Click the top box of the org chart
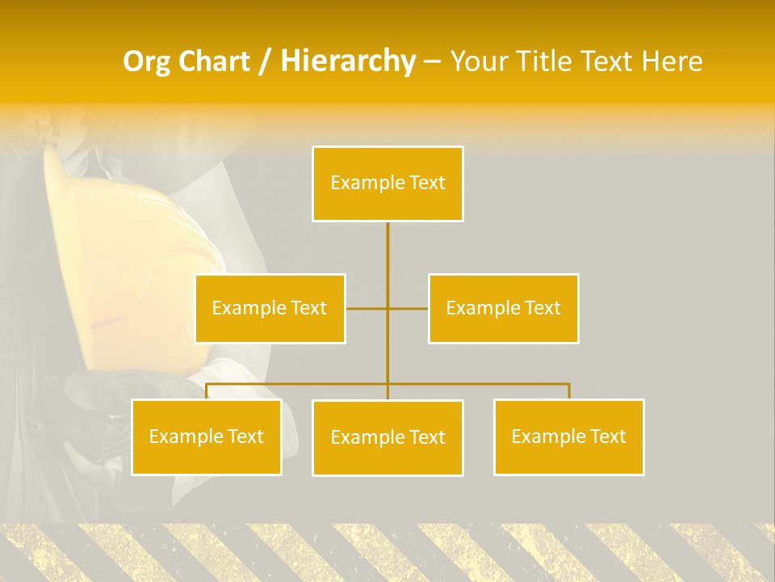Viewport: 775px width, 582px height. pos(387,183)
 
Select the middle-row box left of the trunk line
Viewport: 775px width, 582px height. pos(270,308)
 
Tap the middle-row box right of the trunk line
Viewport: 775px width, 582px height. pos(503,308)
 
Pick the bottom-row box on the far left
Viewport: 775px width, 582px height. pos(206,436)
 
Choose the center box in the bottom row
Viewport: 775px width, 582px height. pos(387,437)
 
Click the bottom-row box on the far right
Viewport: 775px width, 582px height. pos(568,436)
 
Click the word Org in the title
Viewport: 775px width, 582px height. pos(146,61)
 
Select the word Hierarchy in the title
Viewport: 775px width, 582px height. pos(348,61)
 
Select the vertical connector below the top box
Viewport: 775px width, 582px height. pos(387,259)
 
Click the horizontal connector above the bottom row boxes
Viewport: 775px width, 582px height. pos(484,384)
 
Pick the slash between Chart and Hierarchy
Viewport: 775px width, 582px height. pos(265,61)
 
